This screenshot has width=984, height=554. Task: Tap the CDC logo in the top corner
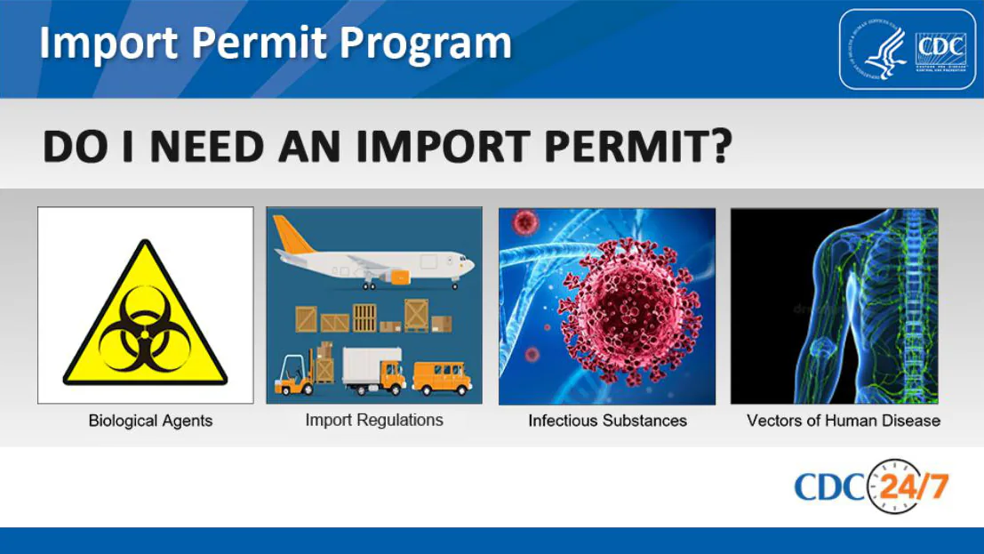click(x=908, y=49)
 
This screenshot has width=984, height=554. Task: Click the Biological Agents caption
click(x=150, y=421)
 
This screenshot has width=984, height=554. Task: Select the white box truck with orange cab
click(x=373, y=370)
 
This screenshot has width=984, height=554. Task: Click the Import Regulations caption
click(x=373, y=420)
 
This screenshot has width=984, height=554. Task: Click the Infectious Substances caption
click(x=607, y=421)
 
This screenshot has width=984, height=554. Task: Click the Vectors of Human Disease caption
click(x=843, y=421)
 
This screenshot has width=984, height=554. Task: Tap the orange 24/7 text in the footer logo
click(x=915, y=486)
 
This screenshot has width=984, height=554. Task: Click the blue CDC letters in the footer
click(x=828, y=488)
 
